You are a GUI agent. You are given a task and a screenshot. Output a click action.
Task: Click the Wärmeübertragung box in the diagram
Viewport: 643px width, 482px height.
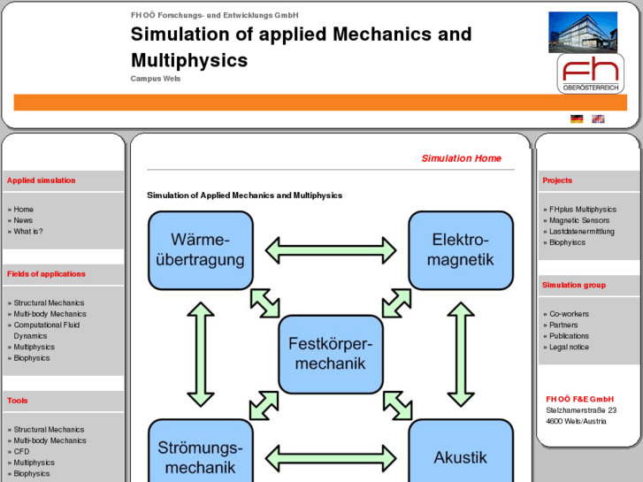201,250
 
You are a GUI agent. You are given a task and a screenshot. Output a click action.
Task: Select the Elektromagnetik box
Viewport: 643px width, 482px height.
460,250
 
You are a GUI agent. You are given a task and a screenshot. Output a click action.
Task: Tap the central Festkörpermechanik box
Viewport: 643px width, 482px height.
331,354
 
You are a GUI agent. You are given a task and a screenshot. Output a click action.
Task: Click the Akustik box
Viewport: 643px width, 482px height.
460,456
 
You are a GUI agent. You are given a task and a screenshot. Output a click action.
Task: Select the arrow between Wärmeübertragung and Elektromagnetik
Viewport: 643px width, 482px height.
331,249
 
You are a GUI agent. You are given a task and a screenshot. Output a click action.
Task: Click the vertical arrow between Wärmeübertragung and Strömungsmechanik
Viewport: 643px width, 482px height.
201,354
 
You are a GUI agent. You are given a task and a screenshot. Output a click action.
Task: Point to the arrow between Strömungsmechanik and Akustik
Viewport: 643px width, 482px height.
331,458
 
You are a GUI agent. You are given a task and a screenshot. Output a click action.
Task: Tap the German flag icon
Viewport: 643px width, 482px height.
577,119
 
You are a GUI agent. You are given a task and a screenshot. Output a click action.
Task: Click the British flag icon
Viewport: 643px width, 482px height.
598,119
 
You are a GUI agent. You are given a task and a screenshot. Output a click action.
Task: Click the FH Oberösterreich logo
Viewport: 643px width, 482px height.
590,73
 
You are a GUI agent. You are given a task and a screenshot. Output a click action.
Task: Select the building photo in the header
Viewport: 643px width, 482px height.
583,32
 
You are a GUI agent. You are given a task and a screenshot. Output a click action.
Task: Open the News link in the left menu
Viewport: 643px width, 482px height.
23,220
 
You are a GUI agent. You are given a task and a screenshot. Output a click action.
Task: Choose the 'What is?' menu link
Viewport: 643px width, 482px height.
28,232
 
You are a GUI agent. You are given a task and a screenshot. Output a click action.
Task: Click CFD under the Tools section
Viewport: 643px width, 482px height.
21,451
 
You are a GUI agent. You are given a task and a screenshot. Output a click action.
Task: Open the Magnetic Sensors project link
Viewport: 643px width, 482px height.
578,220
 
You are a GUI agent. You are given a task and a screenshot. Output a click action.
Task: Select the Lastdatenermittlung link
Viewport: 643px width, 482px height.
581,232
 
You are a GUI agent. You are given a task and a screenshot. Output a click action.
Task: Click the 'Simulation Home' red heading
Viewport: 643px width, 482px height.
461,158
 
